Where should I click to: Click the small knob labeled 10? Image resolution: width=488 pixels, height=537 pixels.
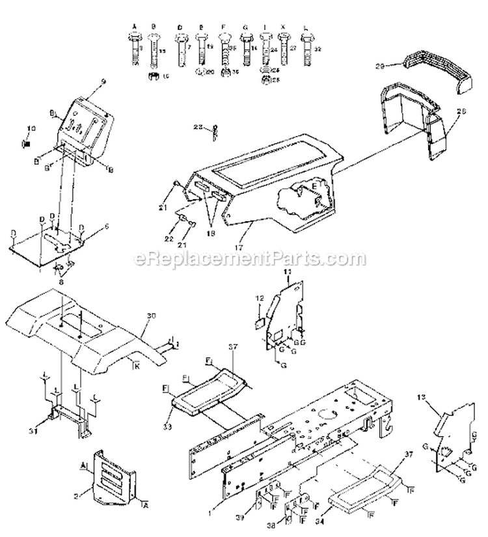pos(28,142)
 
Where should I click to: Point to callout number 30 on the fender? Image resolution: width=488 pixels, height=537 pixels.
pos(151,316)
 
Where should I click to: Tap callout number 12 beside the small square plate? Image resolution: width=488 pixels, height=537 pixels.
pos(258,297)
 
